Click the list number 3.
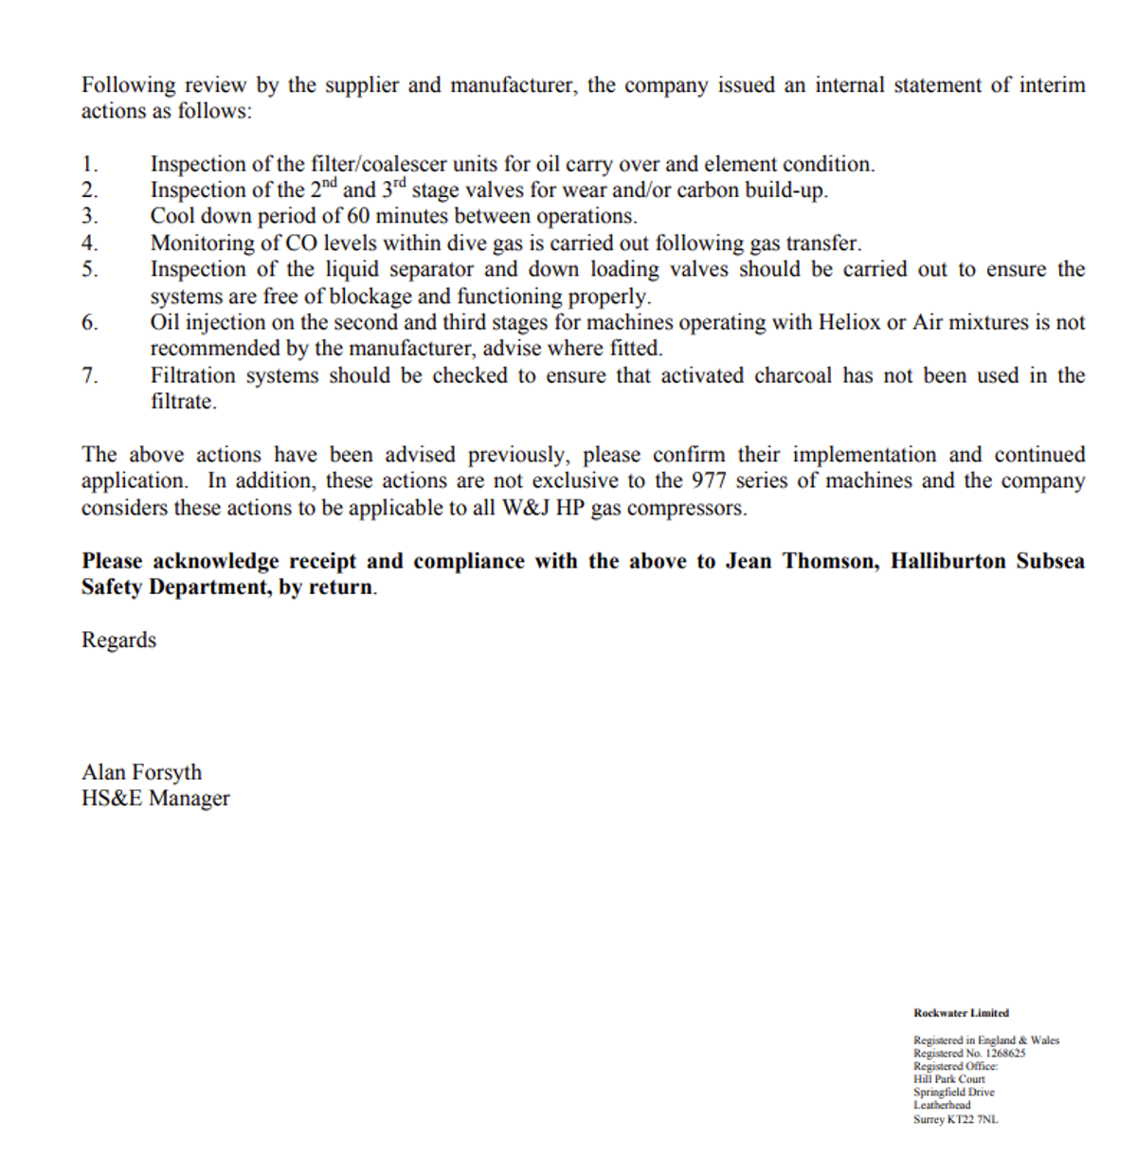89,217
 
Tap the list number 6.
89,323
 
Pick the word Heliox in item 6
849,322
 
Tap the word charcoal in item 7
792,375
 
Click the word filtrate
183,402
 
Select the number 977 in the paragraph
709,480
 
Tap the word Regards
118,641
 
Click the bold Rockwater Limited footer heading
961,1013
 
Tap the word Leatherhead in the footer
942,1105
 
